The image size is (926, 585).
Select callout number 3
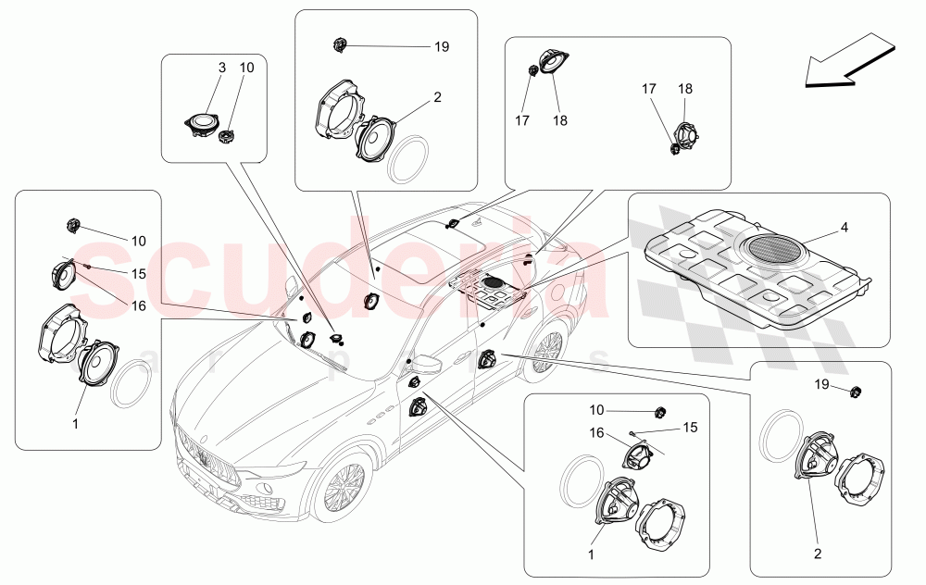coord(221,68)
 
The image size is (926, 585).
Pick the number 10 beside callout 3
coord(246,68)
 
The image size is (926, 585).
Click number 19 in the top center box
coord(441,45)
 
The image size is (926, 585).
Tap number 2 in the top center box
coord(437,96)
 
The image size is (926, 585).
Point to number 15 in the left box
coord(138,273)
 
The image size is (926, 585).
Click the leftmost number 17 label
coord(521,119)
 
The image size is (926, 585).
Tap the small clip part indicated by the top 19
coord(340,44)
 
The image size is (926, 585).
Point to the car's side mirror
coord(427,364)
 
